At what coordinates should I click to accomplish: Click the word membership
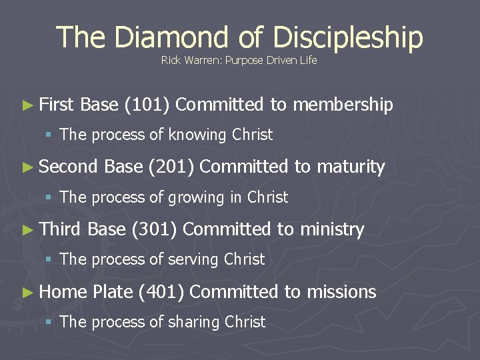(x=343, y=105)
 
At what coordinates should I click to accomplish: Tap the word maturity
(x=351, y=167)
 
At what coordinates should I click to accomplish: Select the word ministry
(x=332, y=230)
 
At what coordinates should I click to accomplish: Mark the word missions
(x=341, y=292)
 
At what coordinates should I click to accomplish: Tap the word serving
(x=193, y=260)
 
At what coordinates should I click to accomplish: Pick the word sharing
(x=193, y=323)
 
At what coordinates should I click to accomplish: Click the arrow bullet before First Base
(x=27, y=105)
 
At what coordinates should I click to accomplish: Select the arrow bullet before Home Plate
(x=27, y=293)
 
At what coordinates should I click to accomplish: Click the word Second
(x=69, y=167)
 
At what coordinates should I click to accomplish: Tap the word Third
(x=61, y=229)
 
